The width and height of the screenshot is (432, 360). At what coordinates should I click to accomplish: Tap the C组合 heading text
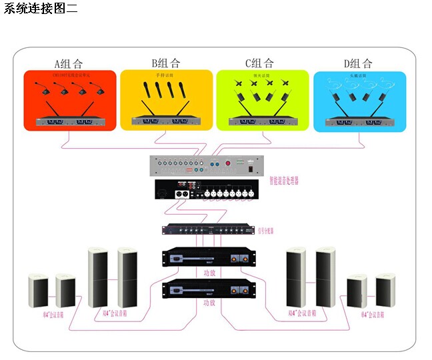(x=259, y=64)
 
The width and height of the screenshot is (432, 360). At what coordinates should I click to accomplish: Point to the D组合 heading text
(x=358, y=64)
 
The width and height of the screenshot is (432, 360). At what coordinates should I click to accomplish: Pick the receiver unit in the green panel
(x=262, y=122)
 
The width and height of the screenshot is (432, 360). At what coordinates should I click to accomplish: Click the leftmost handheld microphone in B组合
(x=146, y=93)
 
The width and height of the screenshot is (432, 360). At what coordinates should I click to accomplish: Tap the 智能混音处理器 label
(x=284, y=180)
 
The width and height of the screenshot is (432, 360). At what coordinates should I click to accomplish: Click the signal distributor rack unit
(x=209, y=230)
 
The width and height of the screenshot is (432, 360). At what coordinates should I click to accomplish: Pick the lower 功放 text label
(x=209, y=303)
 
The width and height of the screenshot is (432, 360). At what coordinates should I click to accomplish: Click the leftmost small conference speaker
(x=38, y=291)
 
